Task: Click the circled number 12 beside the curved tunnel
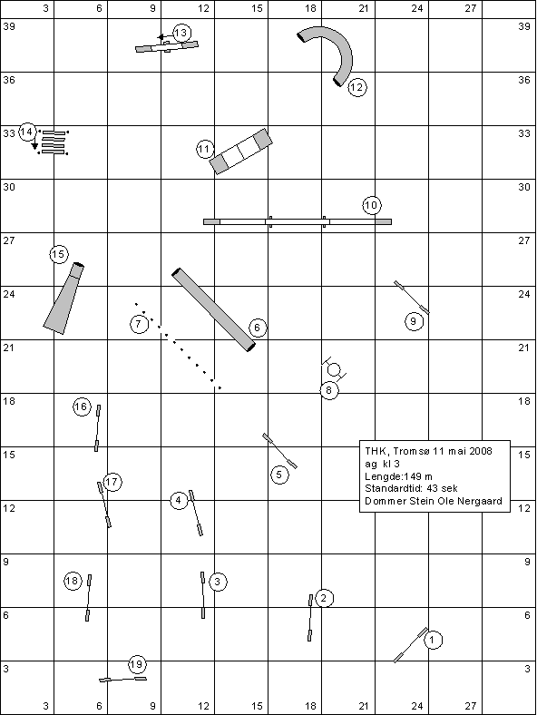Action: pos(357,86)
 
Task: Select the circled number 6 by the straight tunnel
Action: pos(258,328)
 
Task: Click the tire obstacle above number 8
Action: pos(334,369)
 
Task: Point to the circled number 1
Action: pos(433,640)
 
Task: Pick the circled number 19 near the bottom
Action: pos(137,664)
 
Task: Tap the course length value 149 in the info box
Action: pos(414,476)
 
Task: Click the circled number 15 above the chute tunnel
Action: pos(59,254)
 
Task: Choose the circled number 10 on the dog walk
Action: pos(372,205)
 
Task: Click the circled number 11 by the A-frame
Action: pos(205,149)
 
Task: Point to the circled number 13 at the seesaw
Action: pos(181,33)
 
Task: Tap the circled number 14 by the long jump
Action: pos(27,132)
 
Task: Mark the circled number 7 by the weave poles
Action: pos(139,324)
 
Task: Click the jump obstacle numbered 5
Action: pos(280,451)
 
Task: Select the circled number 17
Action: pos(112,482)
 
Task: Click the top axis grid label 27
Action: pos(471,8)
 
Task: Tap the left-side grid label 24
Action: pos(9,294)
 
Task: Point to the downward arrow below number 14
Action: pos(34,144)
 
